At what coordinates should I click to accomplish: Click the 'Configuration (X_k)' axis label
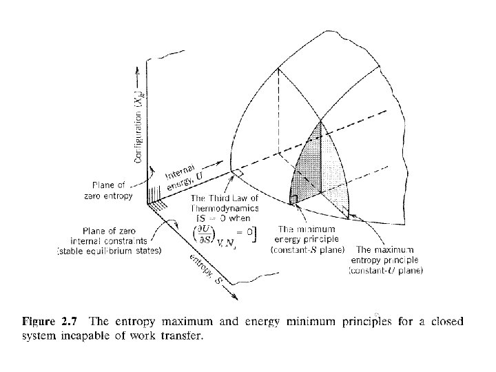click(138, 127)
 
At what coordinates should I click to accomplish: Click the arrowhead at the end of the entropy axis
click(236, 298)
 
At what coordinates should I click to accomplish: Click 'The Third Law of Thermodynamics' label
click(225, 205)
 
